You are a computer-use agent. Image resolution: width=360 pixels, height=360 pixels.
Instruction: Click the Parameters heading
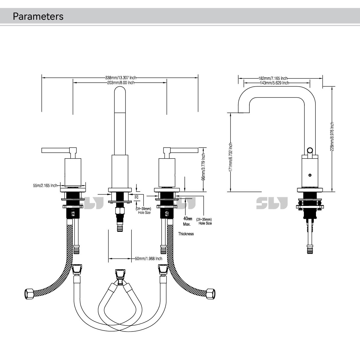38,16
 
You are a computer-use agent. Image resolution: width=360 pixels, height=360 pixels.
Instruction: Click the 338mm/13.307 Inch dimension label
120,78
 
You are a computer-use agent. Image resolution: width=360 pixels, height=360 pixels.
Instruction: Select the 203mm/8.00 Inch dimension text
120,83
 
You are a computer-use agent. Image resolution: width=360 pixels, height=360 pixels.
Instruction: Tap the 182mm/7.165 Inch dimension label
273,78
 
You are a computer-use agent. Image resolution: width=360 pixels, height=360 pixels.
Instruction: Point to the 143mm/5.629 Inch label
275,83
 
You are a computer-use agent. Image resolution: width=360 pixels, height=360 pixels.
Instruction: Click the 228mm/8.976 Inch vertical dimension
332,137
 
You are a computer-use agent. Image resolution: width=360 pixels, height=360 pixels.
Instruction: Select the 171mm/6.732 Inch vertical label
231,157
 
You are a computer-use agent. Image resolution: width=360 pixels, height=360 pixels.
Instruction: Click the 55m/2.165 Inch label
45,186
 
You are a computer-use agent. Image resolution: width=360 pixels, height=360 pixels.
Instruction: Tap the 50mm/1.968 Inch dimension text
148,258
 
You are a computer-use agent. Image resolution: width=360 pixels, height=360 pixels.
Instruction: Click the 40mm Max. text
187,221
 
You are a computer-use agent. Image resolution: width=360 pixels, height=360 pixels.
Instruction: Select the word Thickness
186,234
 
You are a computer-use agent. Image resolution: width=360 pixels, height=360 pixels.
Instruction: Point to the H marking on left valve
73,214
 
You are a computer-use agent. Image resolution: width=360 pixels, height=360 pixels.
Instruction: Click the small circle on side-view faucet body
310,175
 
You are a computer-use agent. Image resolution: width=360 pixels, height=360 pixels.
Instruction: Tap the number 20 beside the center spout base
137,197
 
